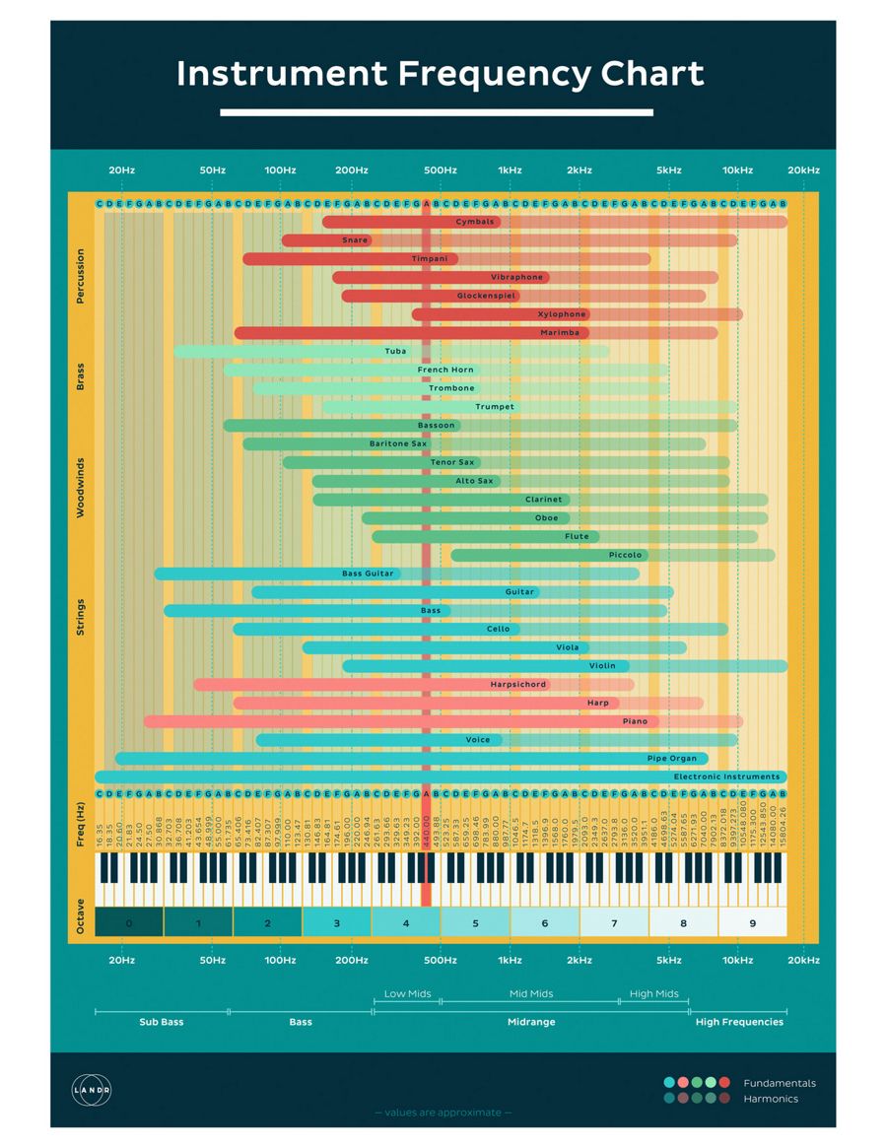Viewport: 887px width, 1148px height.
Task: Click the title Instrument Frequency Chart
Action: coord(441,75)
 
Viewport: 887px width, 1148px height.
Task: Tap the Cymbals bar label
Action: coord(475,222)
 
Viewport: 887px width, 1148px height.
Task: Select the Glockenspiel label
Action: coord(487,296)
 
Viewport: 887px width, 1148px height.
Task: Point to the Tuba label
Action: coord(395,351)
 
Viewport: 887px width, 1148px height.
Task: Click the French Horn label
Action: coord(445,370)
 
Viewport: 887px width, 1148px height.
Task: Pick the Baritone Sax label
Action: coord(398,443)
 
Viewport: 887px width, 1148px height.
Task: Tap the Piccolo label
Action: coord(625,555)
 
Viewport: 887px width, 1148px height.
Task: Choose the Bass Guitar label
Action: coord(368,574)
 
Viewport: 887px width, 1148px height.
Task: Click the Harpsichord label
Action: coord(517,684)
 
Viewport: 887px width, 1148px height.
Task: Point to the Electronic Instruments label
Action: coord(726,777)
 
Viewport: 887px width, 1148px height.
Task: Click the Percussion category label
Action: coord(81,276)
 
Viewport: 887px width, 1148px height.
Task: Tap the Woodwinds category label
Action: coord(81,487)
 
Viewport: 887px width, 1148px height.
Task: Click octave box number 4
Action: coord(406,923)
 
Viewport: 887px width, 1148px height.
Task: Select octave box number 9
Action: coord(752,923)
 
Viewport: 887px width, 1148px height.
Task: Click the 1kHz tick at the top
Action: coord(510,170)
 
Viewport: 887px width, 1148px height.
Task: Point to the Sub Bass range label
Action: coord(161,1022)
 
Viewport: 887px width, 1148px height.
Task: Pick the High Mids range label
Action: coord(654,994)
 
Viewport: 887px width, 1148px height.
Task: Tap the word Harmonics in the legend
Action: coord(771,1099)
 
